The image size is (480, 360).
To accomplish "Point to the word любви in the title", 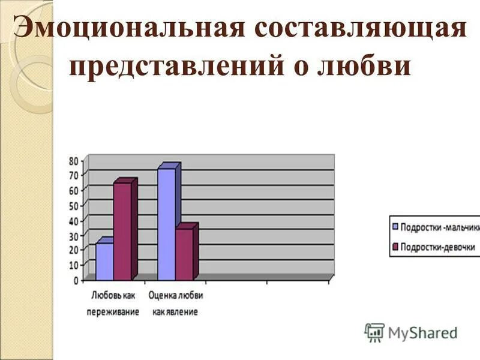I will pyautogui.click(x=371, y=66).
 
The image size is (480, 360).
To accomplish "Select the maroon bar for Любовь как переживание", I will pyautogui.click(x=122, y=231).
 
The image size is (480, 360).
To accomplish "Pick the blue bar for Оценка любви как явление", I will pyautogui.click(x=166, y=224).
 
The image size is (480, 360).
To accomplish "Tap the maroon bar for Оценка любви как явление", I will pyautogui.click(x=184, y=254).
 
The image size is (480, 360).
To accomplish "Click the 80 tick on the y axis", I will pyautogui.click(x=74, y=160).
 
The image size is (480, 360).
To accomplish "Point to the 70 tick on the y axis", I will pyautogui.click(x=74, y=175).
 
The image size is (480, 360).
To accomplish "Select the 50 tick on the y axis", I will pyautogui.click(x=74, y=205).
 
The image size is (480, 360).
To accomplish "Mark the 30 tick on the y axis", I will pyautogui.click(x=74, y=235).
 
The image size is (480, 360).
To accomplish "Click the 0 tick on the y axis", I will pyautogui.click(x=76, y=280).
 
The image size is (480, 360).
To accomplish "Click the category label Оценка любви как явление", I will pyautogui.click(x=175, y=304).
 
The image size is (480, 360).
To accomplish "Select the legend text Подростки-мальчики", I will pyautogui.click(x=440, y=228).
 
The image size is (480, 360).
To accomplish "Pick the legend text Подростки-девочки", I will pyautogui.click(x=437, y=247).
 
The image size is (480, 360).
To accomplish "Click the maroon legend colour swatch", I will pyautogui.click(x=395, y=247).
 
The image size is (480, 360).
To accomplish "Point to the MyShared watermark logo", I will pyautogui.click(x=412, y=332).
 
